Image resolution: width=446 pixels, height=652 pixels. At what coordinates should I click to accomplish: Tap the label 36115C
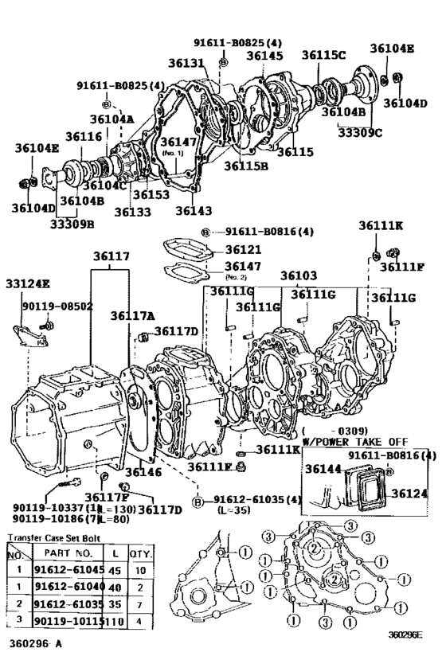(323, 55)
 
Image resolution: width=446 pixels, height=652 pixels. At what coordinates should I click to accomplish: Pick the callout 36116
(84, 138)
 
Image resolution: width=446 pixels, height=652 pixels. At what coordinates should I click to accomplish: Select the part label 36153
(151, 194)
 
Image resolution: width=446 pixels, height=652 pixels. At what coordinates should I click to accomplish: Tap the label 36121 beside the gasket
(243, 249)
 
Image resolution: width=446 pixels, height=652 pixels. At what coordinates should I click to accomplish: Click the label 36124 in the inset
(411, 494)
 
